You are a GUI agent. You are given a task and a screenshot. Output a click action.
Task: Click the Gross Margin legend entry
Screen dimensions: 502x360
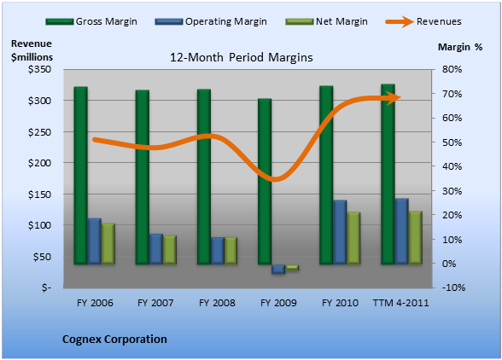[x=91, y=21]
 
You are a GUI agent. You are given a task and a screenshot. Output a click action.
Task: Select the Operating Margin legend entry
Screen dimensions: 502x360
[x=211, y=21]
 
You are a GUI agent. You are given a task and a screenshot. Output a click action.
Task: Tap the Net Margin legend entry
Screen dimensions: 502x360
[x=326, y=21]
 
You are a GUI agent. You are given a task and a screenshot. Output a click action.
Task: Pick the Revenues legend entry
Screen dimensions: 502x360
[x=423, y=21]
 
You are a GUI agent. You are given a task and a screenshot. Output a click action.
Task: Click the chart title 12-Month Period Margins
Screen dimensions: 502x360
[x=241, y=57]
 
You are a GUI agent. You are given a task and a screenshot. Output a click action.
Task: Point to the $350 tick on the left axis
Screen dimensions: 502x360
[x=39, y=69]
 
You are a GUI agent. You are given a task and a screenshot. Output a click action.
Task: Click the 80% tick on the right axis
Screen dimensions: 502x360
[x=452, y=69]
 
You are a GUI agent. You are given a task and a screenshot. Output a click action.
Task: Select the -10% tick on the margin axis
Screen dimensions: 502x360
[x=453, y=287]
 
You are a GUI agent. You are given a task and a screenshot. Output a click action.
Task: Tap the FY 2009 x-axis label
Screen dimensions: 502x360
[x=278, y=303]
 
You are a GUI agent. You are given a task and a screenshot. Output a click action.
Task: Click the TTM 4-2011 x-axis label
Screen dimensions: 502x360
[x=400, y=303]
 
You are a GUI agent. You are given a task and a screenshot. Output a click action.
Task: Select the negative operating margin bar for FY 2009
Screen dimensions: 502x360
[x=278, y=269]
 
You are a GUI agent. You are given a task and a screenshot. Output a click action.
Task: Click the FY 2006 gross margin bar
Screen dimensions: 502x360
[x=80, y=176]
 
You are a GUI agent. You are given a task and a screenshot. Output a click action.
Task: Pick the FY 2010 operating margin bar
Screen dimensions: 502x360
[x=340, y=232]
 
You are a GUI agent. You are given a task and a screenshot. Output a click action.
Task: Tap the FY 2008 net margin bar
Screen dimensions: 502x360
[x=231, y=251]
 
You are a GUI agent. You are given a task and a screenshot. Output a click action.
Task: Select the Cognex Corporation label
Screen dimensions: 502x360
[x=114, y=340]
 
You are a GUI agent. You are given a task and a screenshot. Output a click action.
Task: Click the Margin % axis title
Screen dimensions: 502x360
[x=460, y=47]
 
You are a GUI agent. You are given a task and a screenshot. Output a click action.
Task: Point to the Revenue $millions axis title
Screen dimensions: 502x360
[x=32, y=50]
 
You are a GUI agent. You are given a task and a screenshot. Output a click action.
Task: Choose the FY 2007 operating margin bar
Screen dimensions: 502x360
[x=156, y=249]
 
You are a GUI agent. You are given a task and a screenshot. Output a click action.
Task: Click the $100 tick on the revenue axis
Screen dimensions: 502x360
[x=39, y=225]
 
